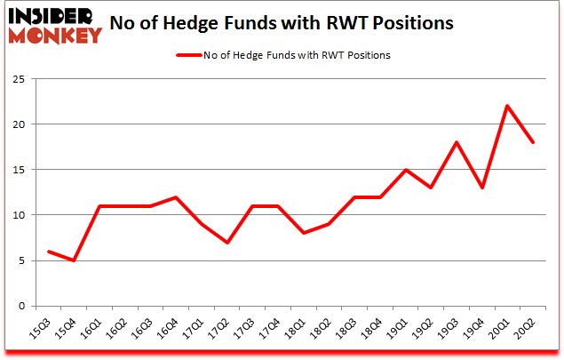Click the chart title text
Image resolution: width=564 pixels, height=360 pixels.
282,24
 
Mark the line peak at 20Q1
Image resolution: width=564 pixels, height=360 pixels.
506,106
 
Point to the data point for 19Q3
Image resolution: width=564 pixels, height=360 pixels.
456,142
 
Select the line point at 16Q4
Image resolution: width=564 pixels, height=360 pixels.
177,197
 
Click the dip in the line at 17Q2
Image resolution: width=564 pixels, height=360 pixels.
227,243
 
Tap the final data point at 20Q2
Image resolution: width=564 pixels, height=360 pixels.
532,142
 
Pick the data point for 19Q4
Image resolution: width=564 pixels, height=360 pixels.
481,188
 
